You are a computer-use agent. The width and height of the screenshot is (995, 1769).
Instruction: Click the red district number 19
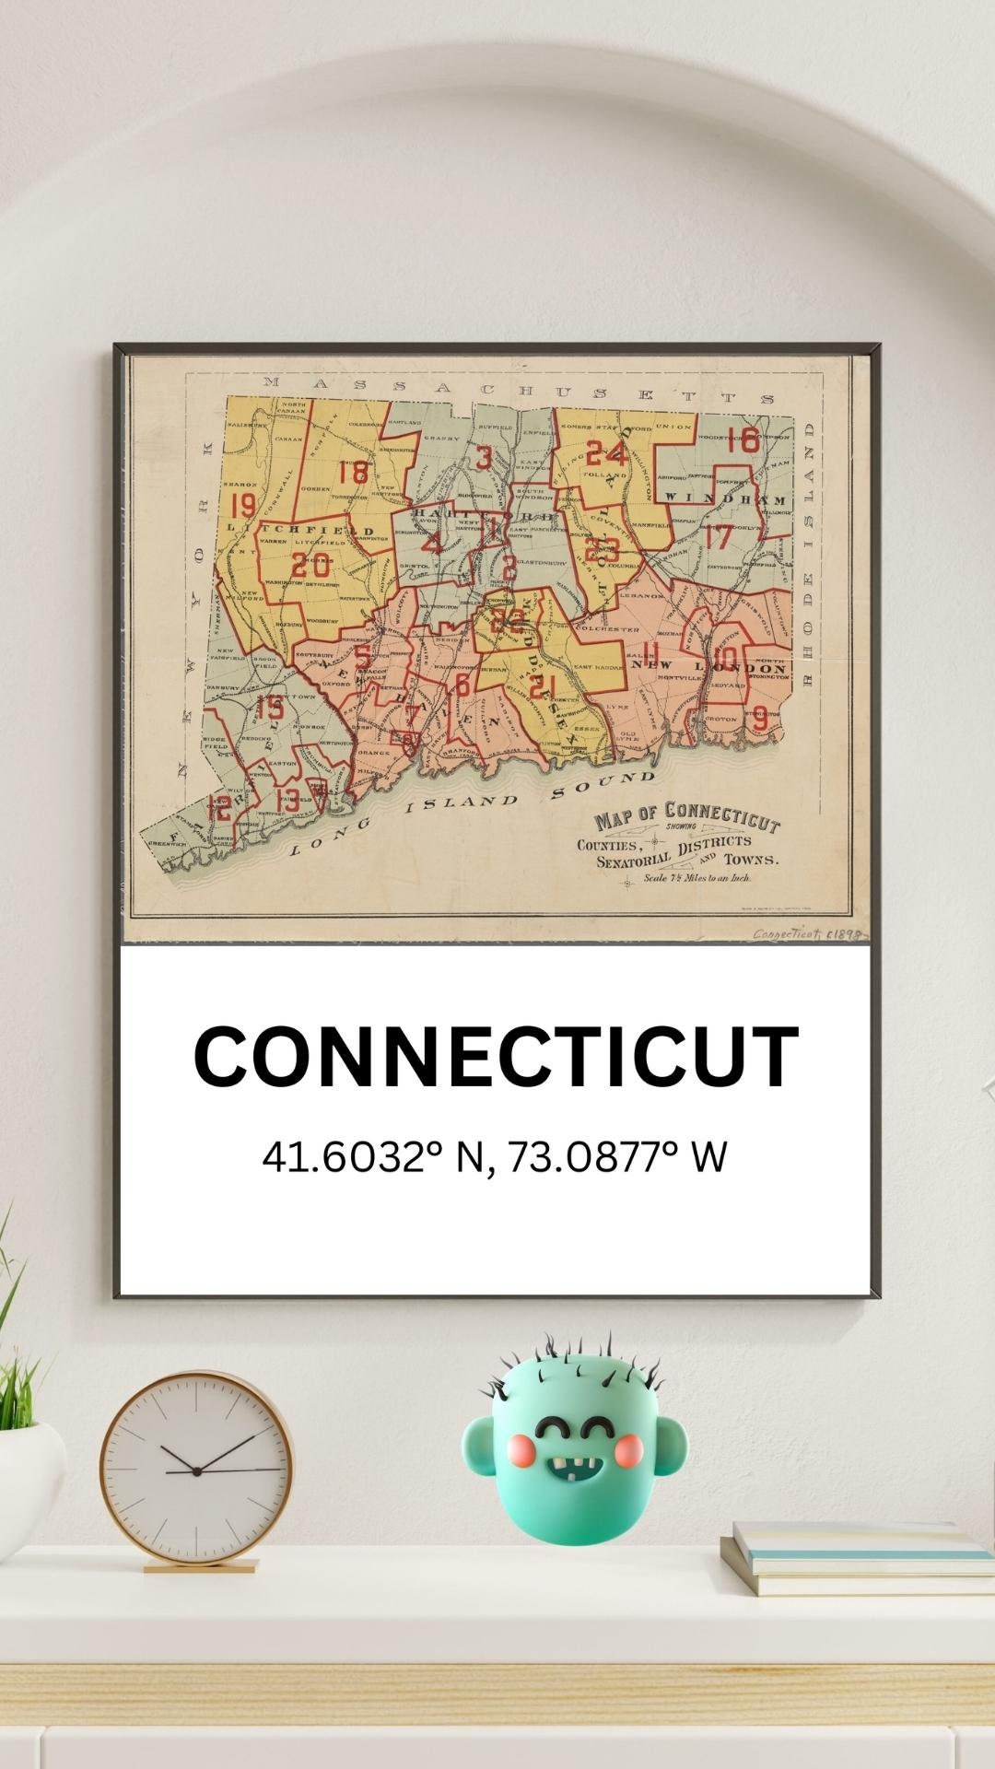(x=243, y=506)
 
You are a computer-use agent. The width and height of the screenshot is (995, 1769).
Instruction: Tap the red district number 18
(x=353, y=473)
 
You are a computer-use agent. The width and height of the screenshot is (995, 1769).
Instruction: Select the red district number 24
(x=606, y=453)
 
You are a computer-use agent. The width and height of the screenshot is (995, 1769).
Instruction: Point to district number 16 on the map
(x=743, y=440)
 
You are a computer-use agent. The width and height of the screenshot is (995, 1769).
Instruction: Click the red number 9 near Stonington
(x=760, y=718)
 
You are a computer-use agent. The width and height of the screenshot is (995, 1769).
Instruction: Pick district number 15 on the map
(x=270, y=708)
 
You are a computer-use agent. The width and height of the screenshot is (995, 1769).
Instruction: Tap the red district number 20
(x=310, y=564)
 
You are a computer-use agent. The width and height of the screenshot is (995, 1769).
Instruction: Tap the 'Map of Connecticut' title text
(x=686, y=816)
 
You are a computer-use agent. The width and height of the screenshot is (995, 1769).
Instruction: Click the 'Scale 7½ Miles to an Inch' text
(x=697, y=878)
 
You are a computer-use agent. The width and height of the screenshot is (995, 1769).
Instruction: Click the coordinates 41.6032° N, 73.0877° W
(x=495, y=1157)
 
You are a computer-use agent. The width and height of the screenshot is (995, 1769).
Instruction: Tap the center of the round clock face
(x=196, y=1471)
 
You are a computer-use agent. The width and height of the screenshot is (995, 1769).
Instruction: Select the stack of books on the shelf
(x=857, y=1558)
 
